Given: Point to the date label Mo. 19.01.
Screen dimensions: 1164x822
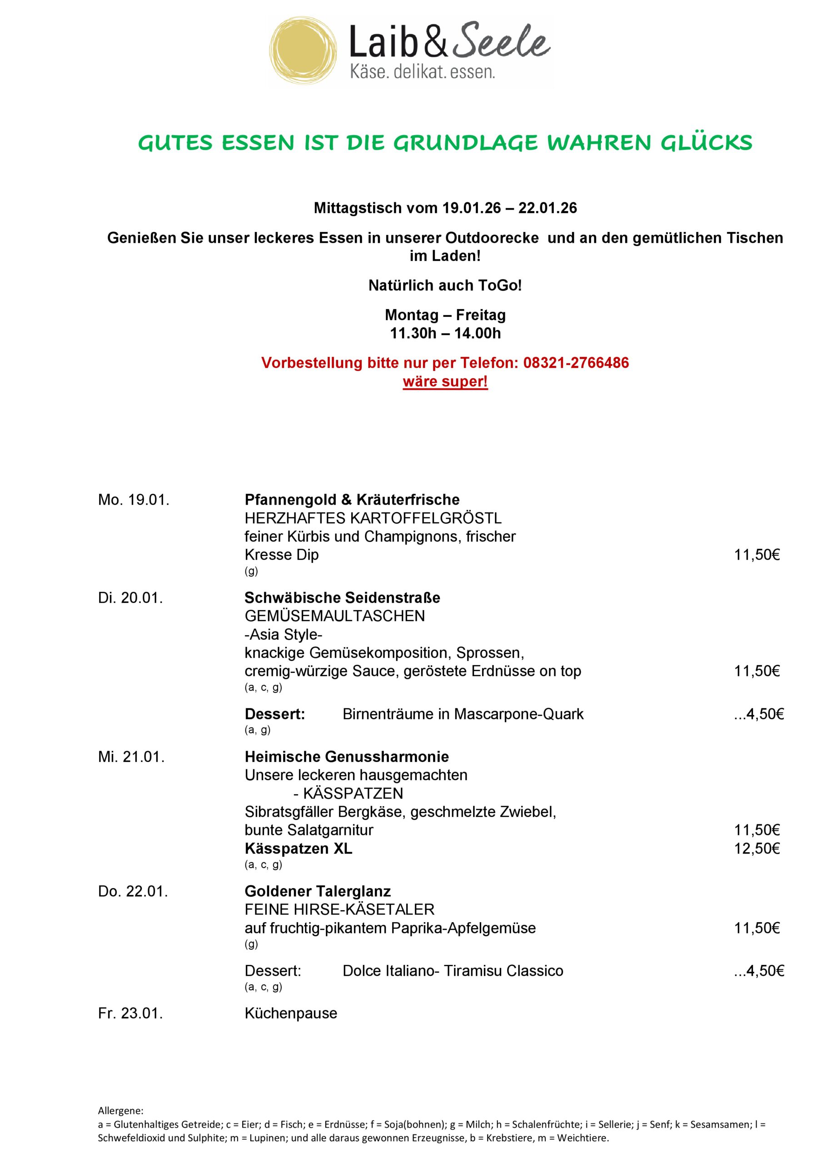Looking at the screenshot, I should [x=133, y=500].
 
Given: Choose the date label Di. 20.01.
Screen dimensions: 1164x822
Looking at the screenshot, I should [x=130, y=598].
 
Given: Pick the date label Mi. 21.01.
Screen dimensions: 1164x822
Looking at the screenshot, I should [x=131, y=757].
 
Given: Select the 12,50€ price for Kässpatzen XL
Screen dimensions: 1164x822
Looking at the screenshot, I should [x=757, y=848].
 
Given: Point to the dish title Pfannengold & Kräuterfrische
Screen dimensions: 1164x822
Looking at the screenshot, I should [x=352, y=500].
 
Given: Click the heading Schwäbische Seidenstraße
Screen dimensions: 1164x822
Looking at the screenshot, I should [x=342, y=598].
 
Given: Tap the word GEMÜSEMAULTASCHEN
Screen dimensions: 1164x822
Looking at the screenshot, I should [x=334, y=617].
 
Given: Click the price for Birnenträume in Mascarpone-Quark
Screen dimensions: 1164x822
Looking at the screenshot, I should [x=759, y=714].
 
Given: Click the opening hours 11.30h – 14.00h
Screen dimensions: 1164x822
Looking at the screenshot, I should [x=445, y=334].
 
